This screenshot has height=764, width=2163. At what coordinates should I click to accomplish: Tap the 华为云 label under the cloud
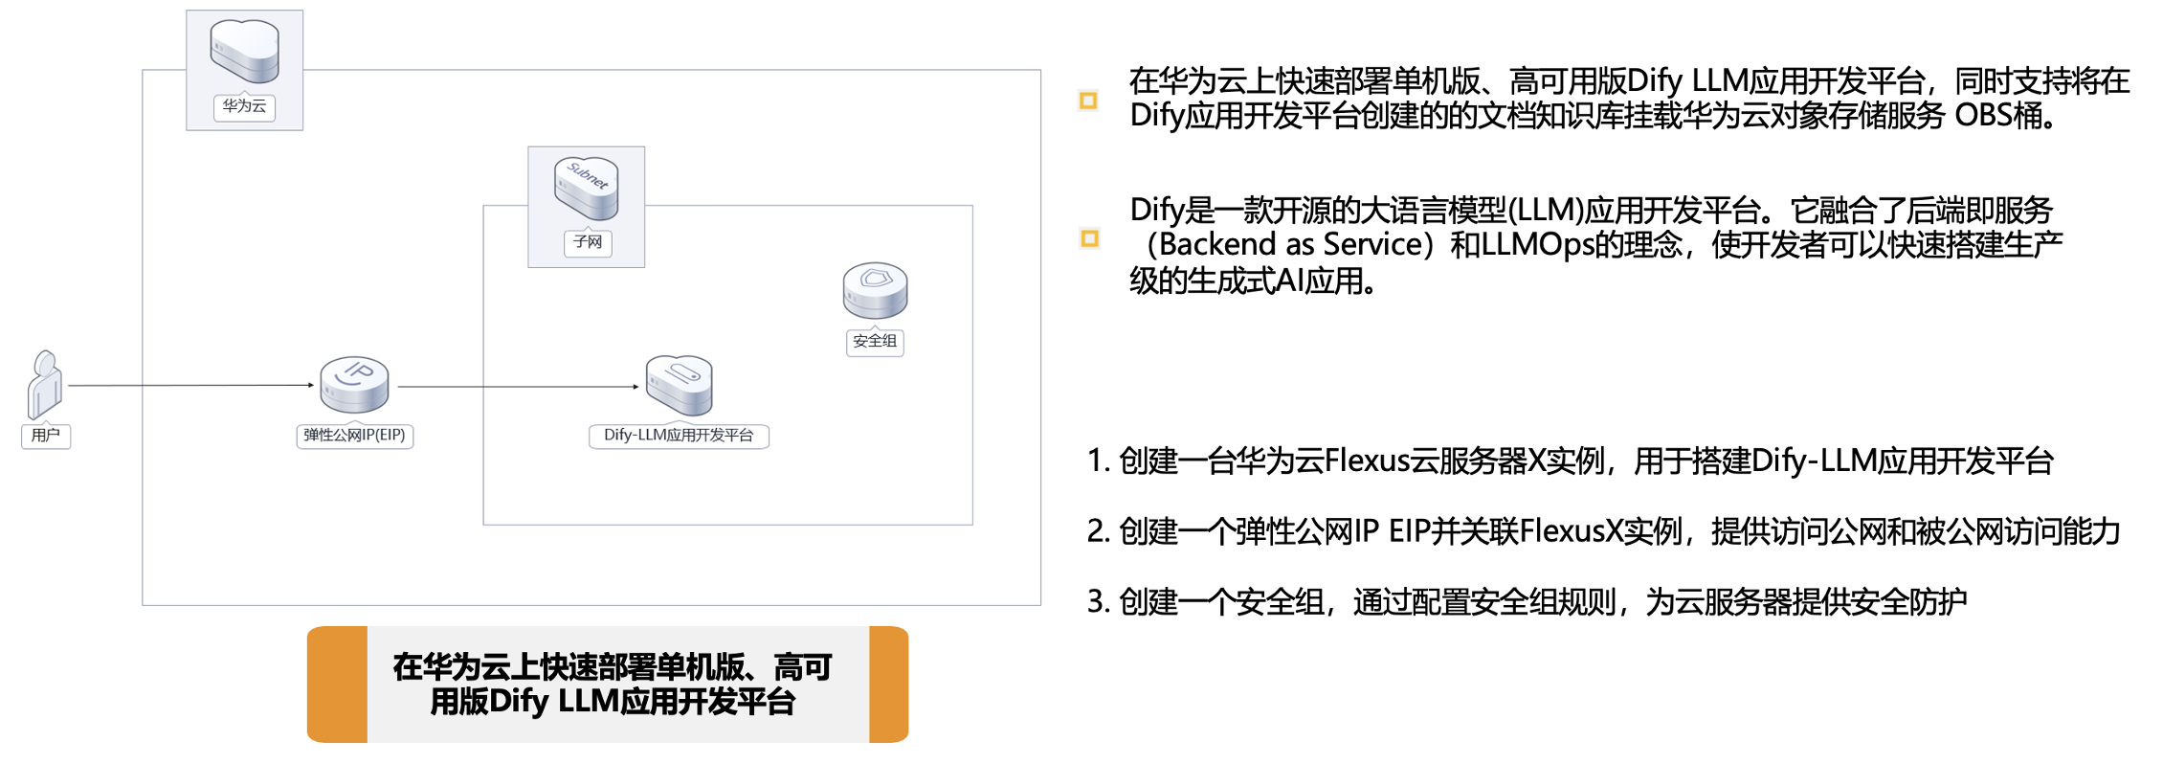[x=245, y=106]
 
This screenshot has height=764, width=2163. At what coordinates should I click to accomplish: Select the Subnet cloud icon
[x=586, y=187]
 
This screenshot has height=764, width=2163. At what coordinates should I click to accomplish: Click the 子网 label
[x=587, y=242]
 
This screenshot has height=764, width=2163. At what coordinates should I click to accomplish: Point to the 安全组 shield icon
[x=875, y=290]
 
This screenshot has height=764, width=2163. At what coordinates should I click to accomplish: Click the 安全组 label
[x=875, y=341]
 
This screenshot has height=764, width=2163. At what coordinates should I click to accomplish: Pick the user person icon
[x=45, y=385]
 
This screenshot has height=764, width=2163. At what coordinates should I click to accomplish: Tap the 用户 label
[x=46, y=436]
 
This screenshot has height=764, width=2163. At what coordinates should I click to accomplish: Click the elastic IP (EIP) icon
[x=354, y=384]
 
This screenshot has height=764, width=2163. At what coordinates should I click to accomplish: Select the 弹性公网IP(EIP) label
[x=354, y=436]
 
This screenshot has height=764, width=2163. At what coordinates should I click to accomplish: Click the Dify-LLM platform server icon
[x=680, y=384]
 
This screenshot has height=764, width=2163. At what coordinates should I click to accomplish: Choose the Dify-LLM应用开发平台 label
[x=679, y=436]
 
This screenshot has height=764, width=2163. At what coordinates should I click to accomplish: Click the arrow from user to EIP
[x=191, y=385]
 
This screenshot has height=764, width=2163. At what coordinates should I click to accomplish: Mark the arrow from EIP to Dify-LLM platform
[x=518, y=386]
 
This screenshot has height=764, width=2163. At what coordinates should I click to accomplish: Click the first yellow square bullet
[x=1088, y=101]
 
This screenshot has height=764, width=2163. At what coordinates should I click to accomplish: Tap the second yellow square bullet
[x=1089, y=238]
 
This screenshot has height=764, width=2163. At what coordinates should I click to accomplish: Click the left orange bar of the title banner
[x=337, y=684]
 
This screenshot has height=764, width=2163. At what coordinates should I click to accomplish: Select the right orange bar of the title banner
[x=888, y=684]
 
